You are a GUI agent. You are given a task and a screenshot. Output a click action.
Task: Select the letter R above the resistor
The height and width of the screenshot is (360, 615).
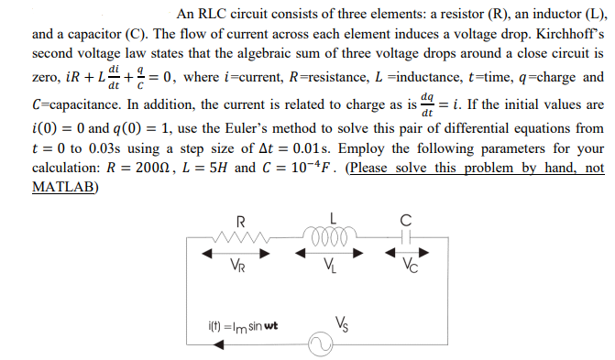(240, 220)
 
